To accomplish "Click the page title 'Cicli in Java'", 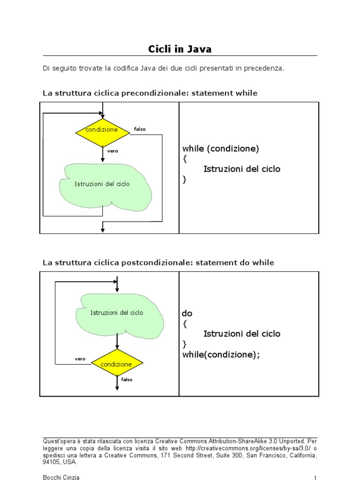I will [x=180, y=49].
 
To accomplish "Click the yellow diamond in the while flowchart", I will [x=102, y=133].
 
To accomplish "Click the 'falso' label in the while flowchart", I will [x=140, y=129].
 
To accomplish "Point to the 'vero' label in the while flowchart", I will [x=112, y=151].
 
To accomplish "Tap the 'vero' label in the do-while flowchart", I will [x=80, y=359].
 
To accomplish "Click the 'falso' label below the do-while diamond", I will [x=127, y=380].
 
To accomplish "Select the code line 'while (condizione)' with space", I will [x=220, y=149].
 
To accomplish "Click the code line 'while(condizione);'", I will [x=221, y=355].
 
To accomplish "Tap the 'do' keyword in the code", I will [x=187, y=313].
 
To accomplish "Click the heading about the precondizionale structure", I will [x=150, y=93].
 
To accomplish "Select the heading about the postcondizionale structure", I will [x=158, y=263].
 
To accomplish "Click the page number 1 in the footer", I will [x=315, y=478].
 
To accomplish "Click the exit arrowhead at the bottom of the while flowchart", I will [x=103, y=229].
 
